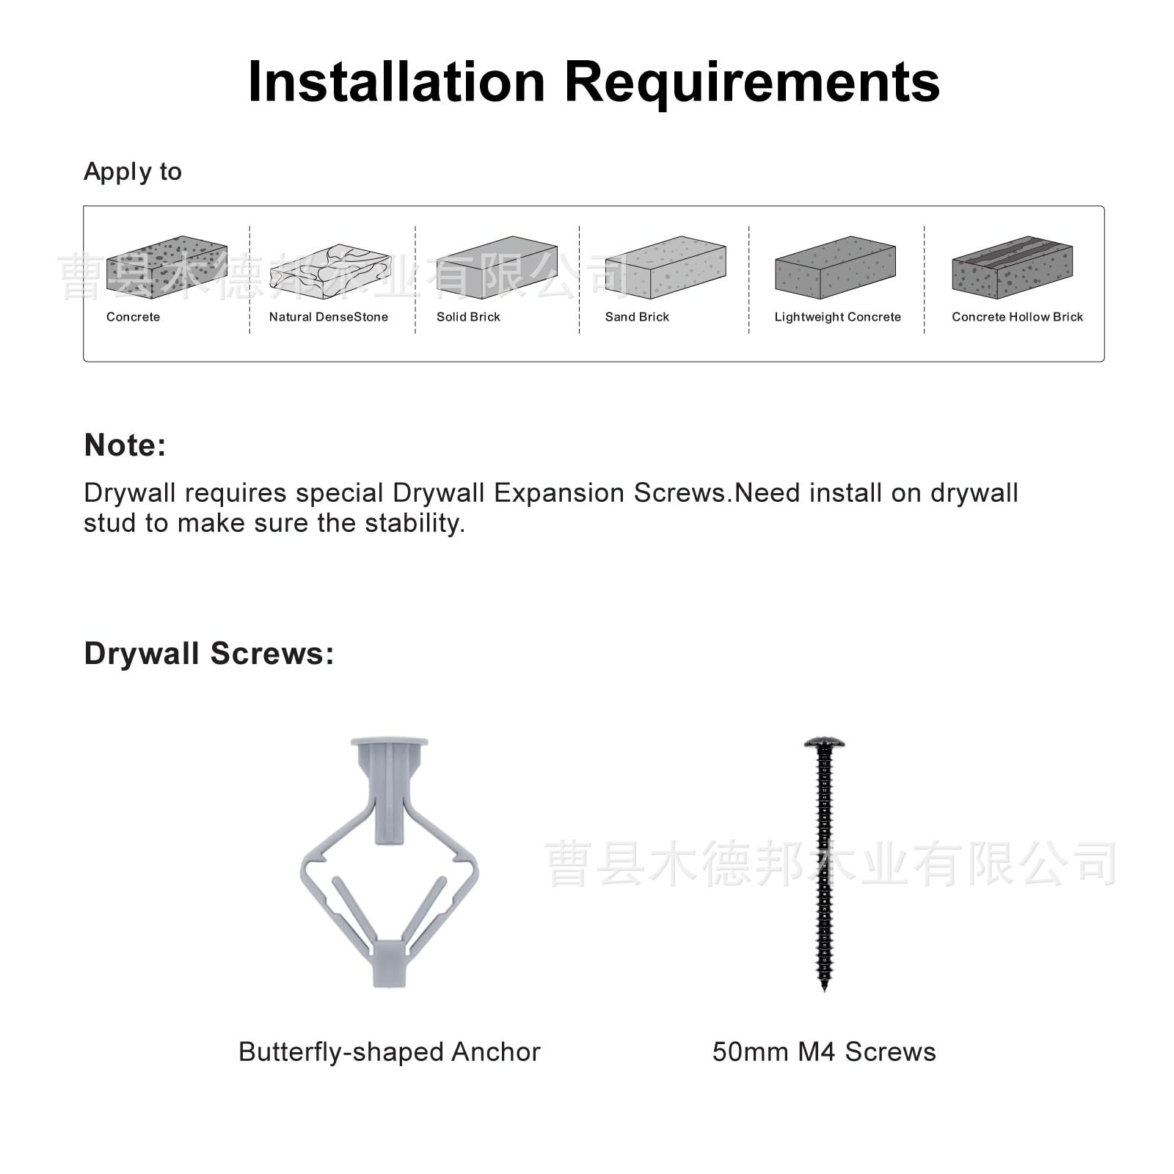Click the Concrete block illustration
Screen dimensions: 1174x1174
pyautogui.click(x=167, y=267)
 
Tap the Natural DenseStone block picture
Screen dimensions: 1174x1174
pyautogui.click(x=330, y=271)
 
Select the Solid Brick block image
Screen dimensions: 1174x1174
pyautogui.click(x=497, y=267)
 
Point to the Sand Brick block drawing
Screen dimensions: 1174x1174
pyautogui.click(x=666, y=267)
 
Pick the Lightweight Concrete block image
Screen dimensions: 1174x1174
pyautogui.click(x=835, y=267)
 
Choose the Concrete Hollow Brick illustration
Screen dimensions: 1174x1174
pyautogui.click(x=1012, y=267)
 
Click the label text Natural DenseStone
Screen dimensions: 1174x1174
pyautogui.click(x=328, y=317)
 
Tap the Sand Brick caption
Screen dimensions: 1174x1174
pyautogui.click(x=637, y=317)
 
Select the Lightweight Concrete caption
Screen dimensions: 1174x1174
pyautogui.click(x=837, y=317)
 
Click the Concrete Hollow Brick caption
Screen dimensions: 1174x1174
pyautogui.click(x=1017, y=317)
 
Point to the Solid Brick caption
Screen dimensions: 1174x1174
pyautogui.click(x=468, y=317)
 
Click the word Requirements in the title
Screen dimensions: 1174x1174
pyautogui.click(x=751, y=82)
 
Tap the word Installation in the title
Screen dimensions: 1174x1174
pyautogui.click(x=396, y=82)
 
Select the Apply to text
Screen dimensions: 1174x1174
pyautogui.click(x=133, y=172)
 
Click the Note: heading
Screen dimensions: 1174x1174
pyautogui.click(x=125, y=445)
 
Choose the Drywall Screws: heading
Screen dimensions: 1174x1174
pyautogui.click(x=209, y=654)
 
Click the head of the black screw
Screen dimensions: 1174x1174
pyautogui.click(x=824, y=743)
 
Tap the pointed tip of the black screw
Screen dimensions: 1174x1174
pyautogui.click(x=824, y=987)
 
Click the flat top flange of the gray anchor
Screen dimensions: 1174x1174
pyautogui.click(x=389, y=742)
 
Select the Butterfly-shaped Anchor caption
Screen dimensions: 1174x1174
pyautogui.click(x=389, y=1052)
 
